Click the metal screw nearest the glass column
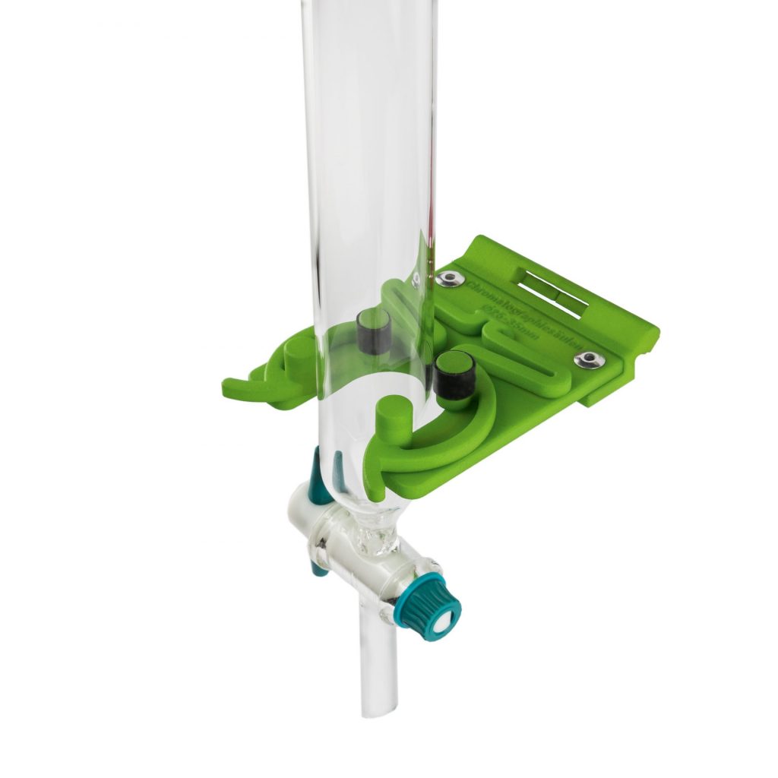[450, 279]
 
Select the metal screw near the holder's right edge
[590, 359]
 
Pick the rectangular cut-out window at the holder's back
[552, 291]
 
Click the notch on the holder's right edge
[649, 346]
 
